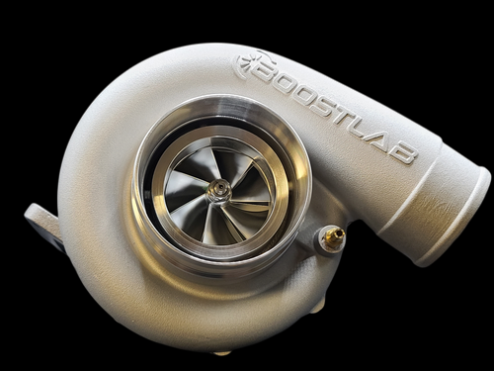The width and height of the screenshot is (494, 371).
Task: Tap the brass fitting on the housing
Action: click(333, 235)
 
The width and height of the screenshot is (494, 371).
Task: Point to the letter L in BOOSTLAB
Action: click(373, 131)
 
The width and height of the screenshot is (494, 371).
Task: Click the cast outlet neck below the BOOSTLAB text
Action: click(395, 198)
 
